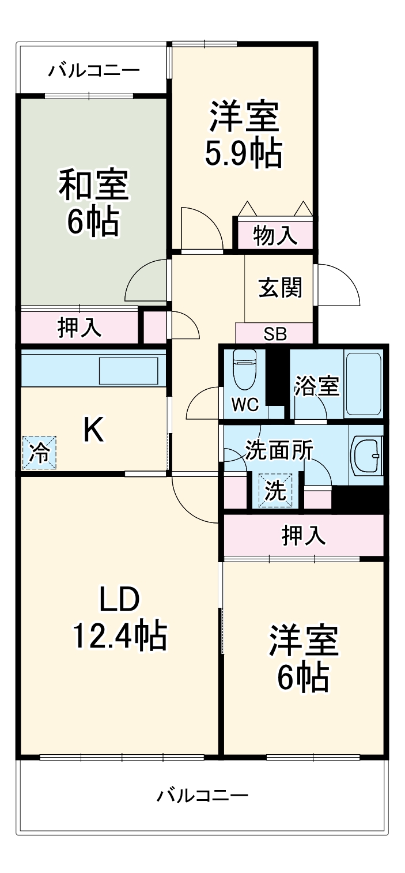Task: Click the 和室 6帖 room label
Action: [93, 202]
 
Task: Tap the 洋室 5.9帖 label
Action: [244, 134]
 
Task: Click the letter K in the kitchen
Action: [93, 430]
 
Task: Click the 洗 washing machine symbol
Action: [275, 491]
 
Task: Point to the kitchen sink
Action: [128, 370]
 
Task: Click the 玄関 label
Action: [280, 287]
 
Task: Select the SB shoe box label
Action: [275, 334]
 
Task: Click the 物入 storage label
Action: [275, 235]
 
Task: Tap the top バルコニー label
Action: [93, 71]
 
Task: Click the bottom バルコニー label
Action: [202, 796]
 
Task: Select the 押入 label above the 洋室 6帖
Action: [304, 536]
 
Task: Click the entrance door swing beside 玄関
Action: [337, 285]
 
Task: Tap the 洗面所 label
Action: [279, 450]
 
